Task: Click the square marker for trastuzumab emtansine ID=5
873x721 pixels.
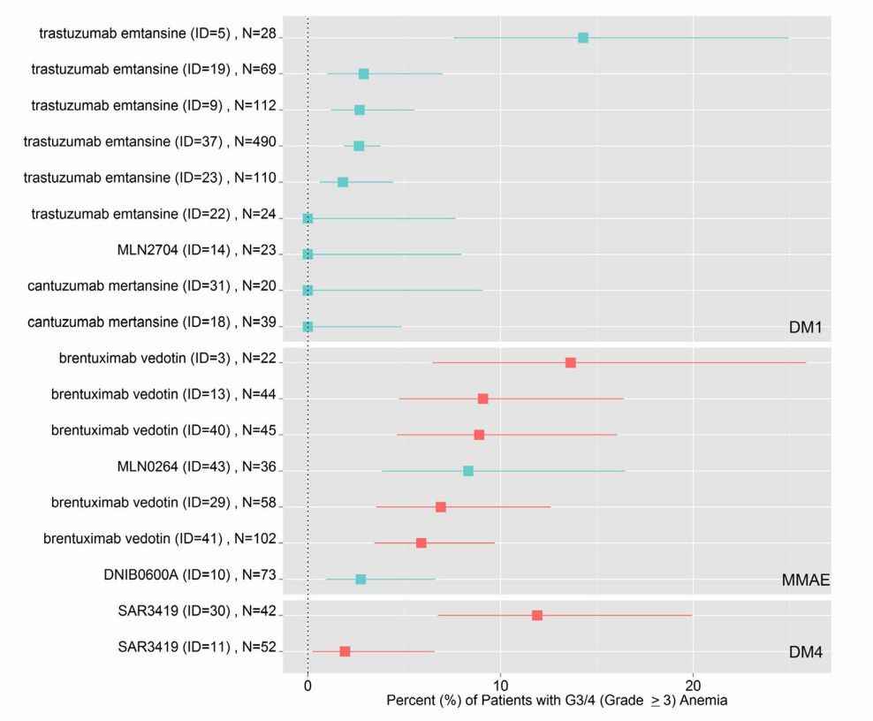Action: pyautogui.click(x=583, y=38)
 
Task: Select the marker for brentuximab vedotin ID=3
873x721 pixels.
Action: pyautogui.click(x=571, y=363)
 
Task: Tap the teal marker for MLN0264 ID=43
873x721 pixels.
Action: pyautogui.click(x=468, y=471)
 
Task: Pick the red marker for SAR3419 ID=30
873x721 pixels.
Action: pyautogui.click(x=537, y=615)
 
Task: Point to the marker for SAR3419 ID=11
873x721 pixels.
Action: pyautogui.click(x=345, y=651)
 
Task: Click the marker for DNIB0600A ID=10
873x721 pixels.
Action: pyautogui.click(x=361, y=579)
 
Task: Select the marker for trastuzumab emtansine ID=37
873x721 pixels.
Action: pyautogui.click(x=359, y=146)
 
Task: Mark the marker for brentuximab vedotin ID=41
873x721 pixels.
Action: pyautogui.click(x=421, y=543)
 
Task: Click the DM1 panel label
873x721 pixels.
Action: pyautogui.click(x=806, y=328)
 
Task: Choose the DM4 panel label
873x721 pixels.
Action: pyautogui.click(x=806, y=652)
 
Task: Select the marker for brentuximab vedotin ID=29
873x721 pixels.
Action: pyautogui.click(x=441, y=507)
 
